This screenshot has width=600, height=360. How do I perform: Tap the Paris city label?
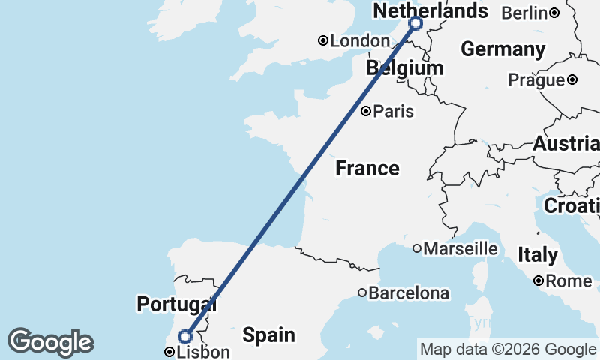click(394, 112)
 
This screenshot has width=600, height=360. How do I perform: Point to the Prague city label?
click(535, 79)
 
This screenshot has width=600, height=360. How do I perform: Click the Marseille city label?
click(460, 248)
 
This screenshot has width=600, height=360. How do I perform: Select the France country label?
click(367, 168)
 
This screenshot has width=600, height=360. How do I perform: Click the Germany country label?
click(502, 49)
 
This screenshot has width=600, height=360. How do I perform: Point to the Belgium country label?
click(404, 69)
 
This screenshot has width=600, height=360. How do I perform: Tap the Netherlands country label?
click(430, 11)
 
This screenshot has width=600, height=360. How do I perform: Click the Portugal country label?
click(176, 304)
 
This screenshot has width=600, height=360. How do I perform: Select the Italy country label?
click(537, 255)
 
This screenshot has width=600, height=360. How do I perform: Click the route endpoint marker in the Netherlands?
click(415, 24)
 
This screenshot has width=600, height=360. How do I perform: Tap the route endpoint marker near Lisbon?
click(184, 336)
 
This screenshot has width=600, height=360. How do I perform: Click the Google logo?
click(50, 342)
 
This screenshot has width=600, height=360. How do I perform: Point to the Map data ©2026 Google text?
click(508, 349)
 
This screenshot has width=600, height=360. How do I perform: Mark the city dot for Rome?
click(538, 281)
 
